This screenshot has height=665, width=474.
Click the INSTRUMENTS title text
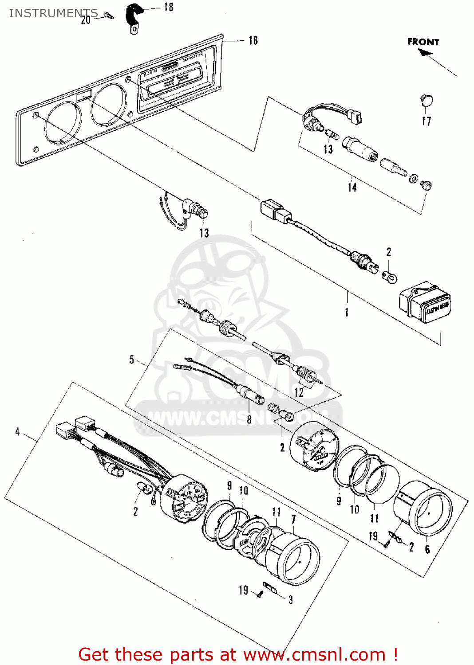click(x=53, y=13)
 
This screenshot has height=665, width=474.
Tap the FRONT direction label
click(x=423, y=42)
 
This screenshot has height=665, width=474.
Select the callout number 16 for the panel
click(x=253, y=40)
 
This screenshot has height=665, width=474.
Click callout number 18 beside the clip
click(x=169, y=7)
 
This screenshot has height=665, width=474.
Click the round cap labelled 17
click(x=426, y=101)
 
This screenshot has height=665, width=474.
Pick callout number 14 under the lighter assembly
click(x=352, y=187)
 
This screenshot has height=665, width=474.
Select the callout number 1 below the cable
click(x=347, y=312)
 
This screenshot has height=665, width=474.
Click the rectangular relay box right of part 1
click(x=425, y=303)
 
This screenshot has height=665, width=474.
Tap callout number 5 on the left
click(x=131, y=359)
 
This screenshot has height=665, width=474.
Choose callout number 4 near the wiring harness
click(x=17, y=431)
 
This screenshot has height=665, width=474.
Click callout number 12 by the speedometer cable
click(x=299, y=392)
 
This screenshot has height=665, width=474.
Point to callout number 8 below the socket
click(x=249, y=419)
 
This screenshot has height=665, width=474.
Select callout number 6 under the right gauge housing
click(x=427, y=549)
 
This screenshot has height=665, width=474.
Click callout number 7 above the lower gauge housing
click(x=293, y=519)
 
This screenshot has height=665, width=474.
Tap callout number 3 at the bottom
click(x=291, y=600)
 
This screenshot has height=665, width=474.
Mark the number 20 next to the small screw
click(x=86, y=20)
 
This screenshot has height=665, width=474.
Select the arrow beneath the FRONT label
click(x=426, y=53)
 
